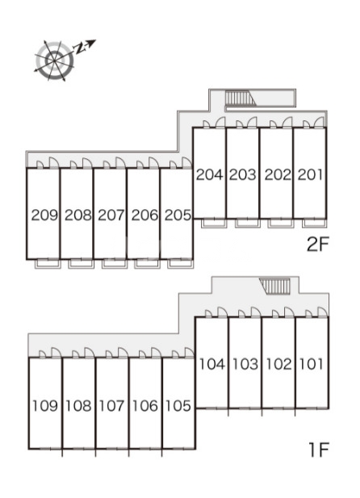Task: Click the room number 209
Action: pyautogui.click(x=45, y=216)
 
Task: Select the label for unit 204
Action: pyautogui.click(x=210, y=174)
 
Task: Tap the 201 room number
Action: pyautogui.click(x=310, y=174)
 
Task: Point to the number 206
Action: pyautogui.click(x=144, y=216)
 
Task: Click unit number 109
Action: pyautogui.click(x=45, y=405)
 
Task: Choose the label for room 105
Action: pyautogui.click(x=178, y=405)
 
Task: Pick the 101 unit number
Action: pyautogui.click(x=312, y=364)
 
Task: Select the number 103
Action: pyautogui.click(x=245, y=364)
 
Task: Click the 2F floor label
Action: pyautogui.click(x=316, y=244)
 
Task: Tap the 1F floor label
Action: pyautogui.click(x=318, y=450)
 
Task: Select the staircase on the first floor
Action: pyautogui.click(x=275, y=286)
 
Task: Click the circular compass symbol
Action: pyautogui.click(x=55, y=61)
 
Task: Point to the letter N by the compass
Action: pyautogui.click(x=80, y=48)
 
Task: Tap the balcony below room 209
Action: pyautogui.click(x=48, y=264)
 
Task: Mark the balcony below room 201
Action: pyautogui.click(x=314, y=223)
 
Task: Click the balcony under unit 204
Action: pyautogui.click(x=214, y=223)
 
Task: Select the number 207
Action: pyautogui.click(x=111, y=216)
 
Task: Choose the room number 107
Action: pyautogui.click(x=111, y=405)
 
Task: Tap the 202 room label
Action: pyautogui.click(x=278, y=174)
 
